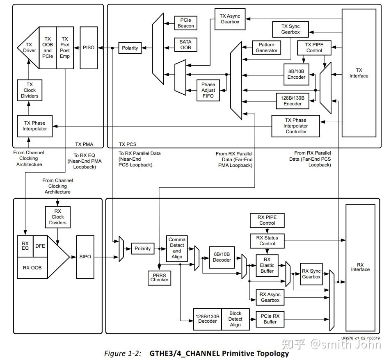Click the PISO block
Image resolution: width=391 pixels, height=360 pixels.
tap(88, 48)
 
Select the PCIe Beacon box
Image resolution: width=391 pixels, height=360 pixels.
tap(185, 23)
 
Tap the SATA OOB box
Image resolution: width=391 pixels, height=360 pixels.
tap(185, 45)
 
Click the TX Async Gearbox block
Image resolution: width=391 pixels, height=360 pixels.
tap(230, 19)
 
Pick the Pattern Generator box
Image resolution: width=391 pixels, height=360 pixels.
tap(267, 48)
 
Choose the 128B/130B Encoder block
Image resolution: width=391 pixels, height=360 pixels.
tap(293, 101)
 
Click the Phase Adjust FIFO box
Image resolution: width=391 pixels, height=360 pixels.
tap(208, 90)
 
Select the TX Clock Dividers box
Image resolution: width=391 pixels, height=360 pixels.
tap(30, 90)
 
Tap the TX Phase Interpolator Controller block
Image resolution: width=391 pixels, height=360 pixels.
tap(296, 126)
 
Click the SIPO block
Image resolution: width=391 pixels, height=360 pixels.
tap(85, 257)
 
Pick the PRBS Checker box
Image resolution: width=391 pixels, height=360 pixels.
tap(159, 277)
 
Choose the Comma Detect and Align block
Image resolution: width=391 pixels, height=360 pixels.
tap(177, 248)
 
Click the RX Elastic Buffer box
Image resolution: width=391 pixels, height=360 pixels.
tap(267, 265)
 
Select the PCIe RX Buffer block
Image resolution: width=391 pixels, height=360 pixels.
tap(270, 319)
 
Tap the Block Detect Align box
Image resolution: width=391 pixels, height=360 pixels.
tap(236, 319)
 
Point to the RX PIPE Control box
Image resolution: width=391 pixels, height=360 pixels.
tap(267, 220)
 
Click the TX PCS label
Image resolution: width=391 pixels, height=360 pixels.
tap(128, 144)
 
